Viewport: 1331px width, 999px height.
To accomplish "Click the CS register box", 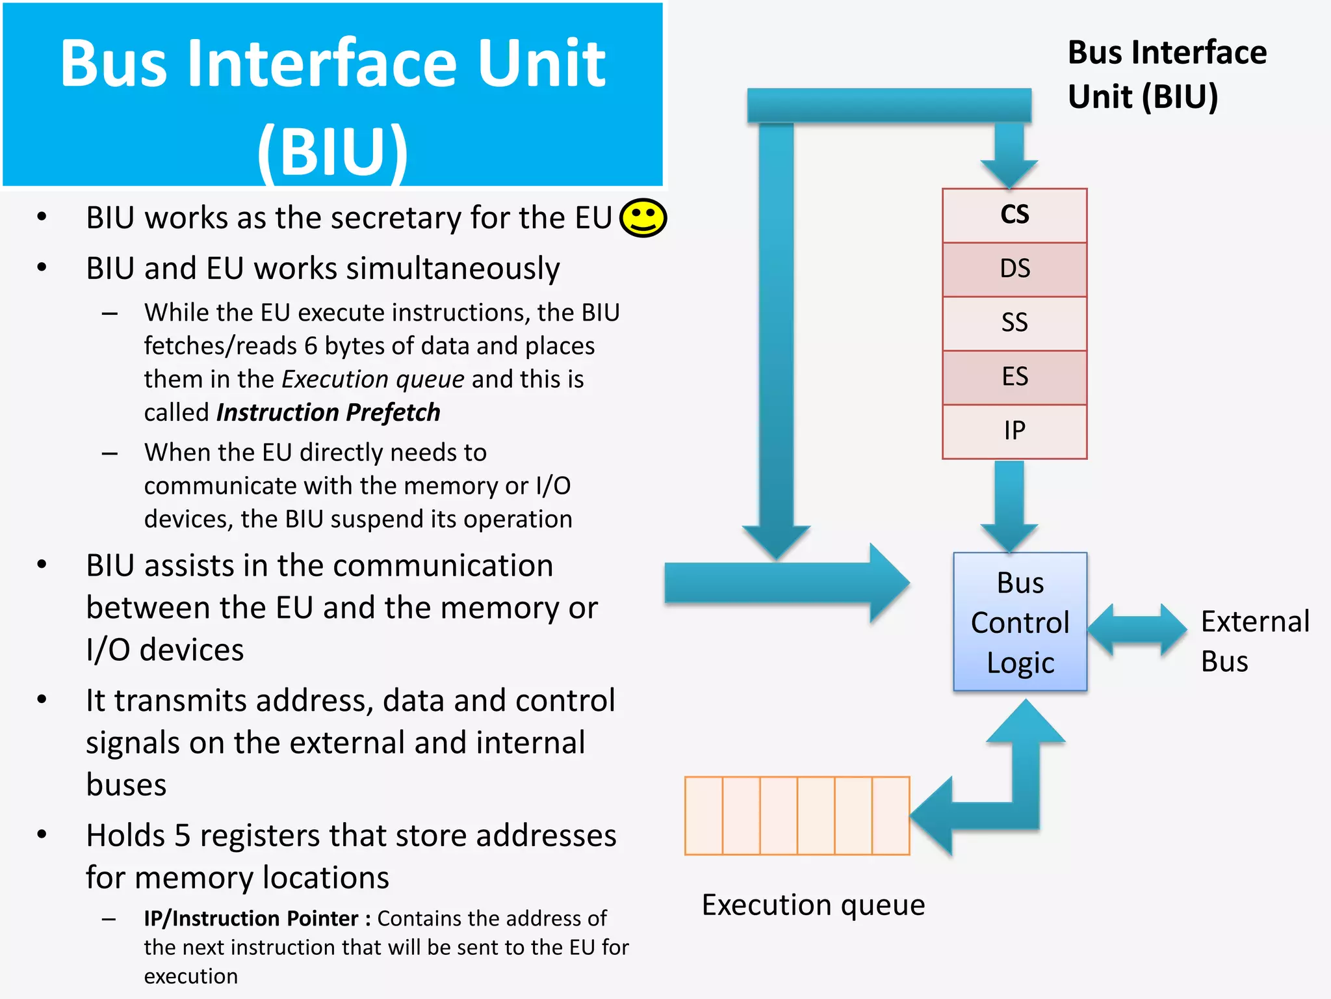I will tap(1014, 215).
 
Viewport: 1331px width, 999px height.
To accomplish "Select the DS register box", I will tap(1014, 269).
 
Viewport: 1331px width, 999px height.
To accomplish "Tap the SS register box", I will tap(1014, 323).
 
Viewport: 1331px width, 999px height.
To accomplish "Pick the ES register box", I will tap(1014, 377).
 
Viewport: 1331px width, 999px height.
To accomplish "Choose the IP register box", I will tap(1014, 431).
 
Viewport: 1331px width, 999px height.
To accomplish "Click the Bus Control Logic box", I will tap(1020, 622).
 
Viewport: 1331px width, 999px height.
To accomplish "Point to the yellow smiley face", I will tap(643, 217).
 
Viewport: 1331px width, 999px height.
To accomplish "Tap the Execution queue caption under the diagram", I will tap(813, 905).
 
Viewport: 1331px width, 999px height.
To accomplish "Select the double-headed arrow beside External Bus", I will tap(1137, 629).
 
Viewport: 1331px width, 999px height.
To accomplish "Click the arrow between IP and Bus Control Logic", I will tap(1009, 504).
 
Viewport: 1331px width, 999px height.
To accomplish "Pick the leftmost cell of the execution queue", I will tap(704, 816).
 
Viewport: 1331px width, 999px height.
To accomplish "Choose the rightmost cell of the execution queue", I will tap(890, 816).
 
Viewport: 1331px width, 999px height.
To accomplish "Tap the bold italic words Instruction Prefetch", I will tap(328, 412).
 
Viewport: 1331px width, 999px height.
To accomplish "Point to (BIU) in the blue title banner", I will tap(332, 151).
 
